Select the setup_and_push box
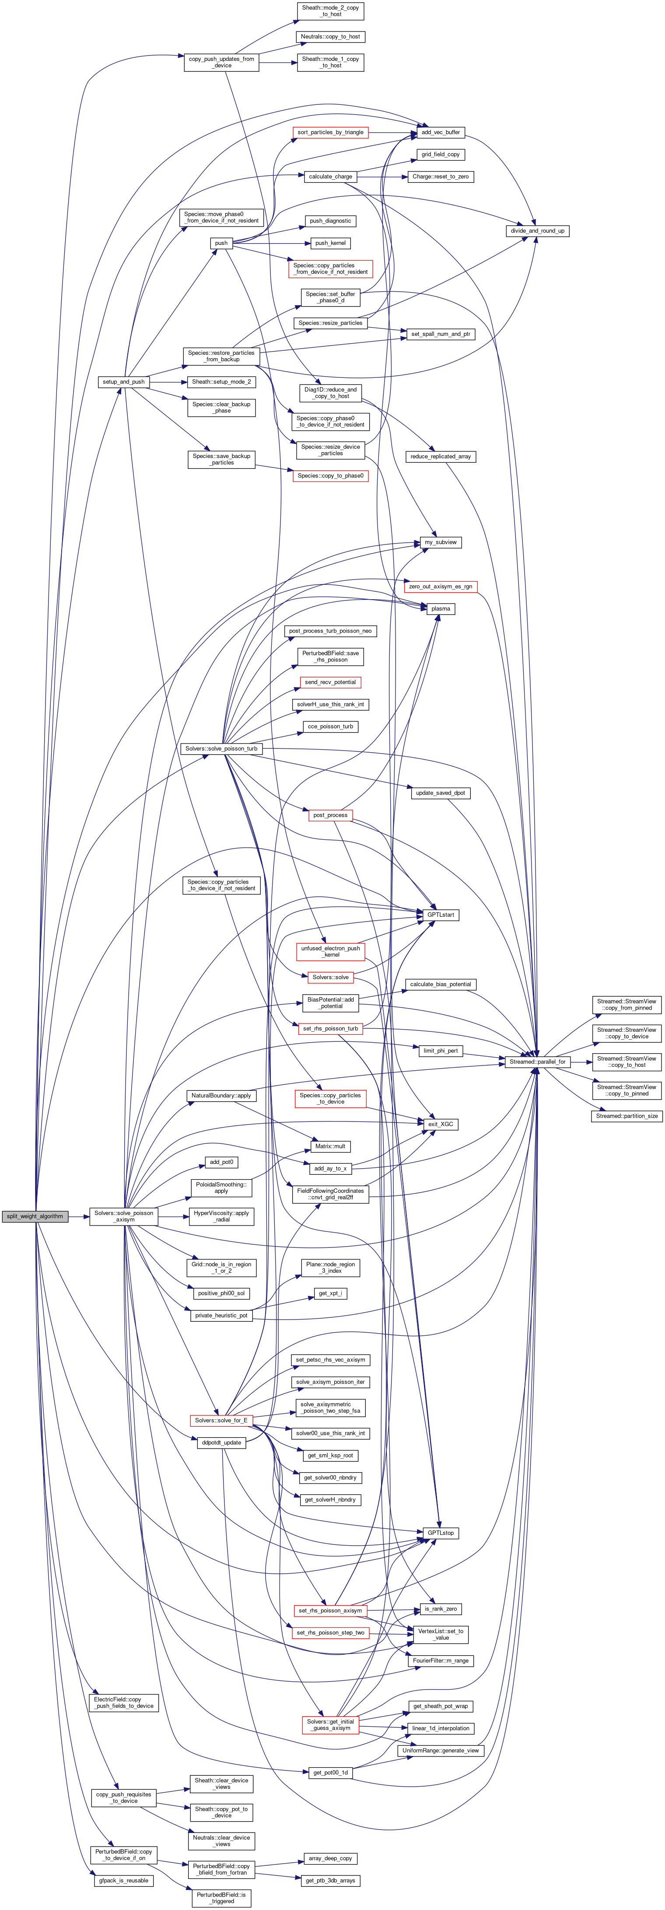[123, 382]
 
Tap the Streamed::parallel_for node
[537, 1062]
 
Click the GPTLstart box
[441, 915]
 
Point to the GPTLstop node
[441, 1533]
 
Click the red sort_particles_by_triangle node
[330, 132]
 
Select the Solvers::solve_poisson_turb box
[221, 749]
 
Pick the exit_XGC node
[441, 1124]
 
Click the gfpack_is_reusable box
[123, 1880]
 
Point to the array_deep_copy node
[330, 1858]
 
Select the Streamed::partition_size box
[627, 1116]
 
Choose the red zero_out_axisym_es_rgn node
[441, 587]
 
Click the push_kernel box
[330, 243]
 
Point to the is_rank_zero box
[441, 1609]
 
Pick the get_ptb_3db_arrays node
[330, 1880]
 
